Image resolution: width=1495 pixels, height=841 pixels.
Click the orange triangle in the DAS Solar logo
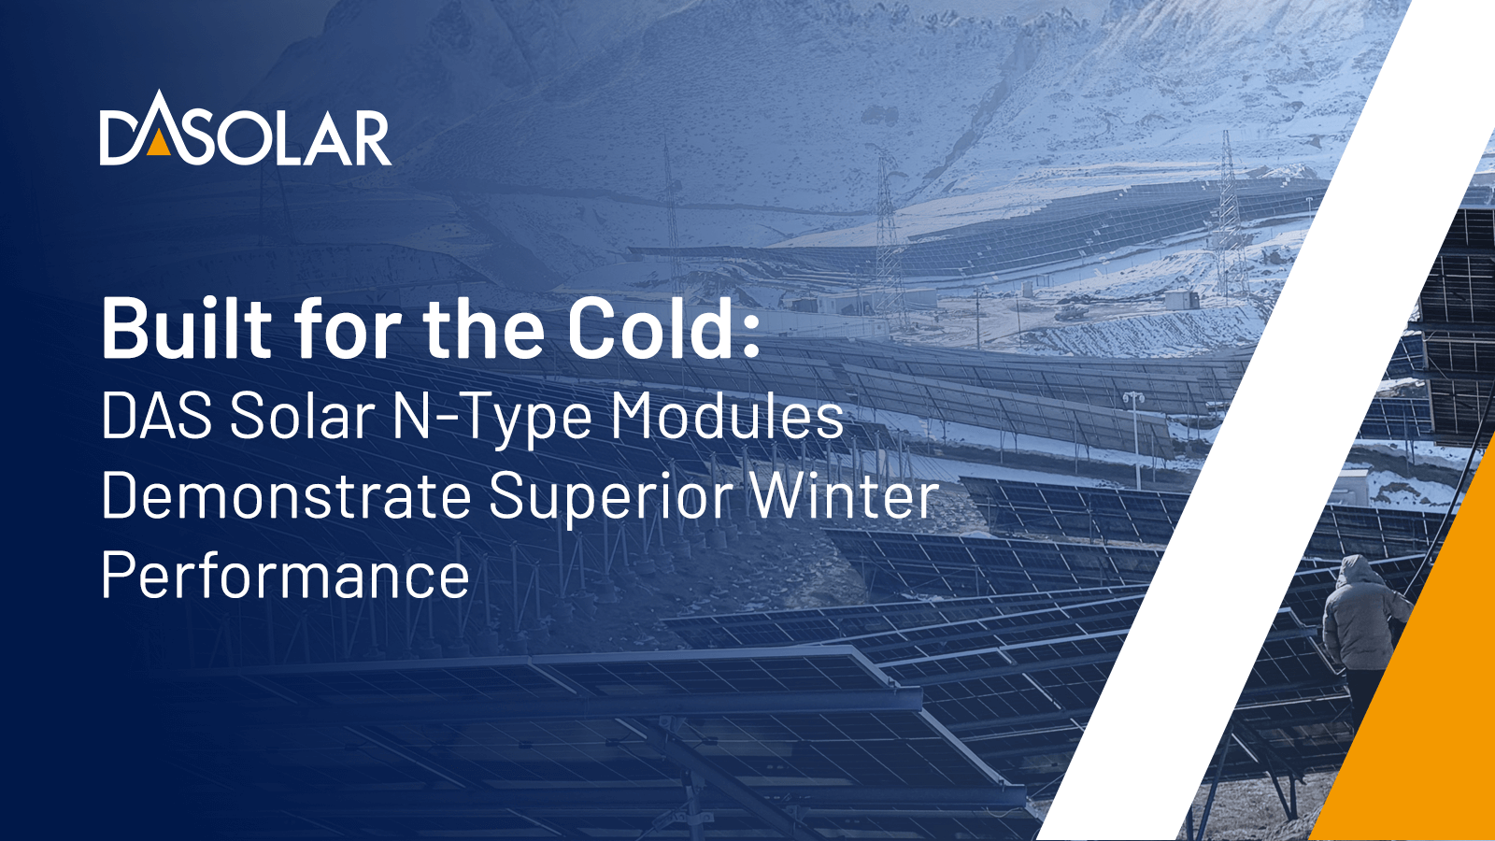[x=158, y=143]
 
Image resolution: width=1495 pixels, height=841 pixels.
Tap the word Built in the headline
[x=187, y=328]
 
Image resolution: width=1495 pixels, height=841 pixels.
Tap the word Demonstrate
[x=286, y=495]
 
